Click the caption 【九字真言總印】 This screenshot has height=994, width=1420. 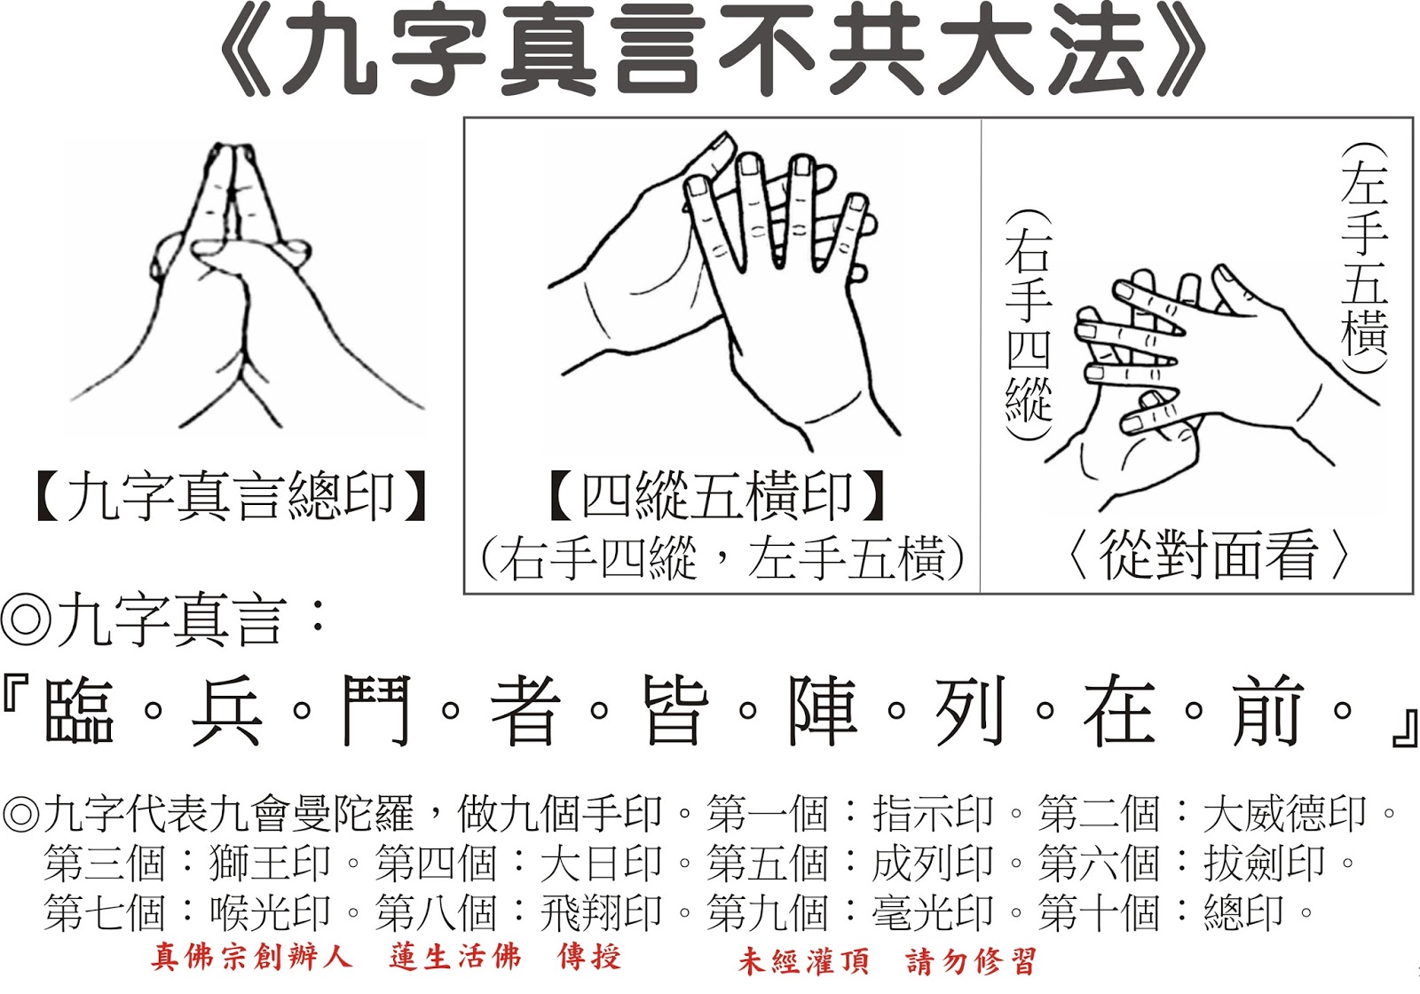232,496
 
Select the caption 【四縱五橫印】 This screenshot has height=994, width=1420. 718,495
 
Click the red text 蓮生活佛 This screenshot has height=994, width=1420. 455,957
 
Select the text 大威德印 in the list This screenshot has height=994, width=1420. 1284,813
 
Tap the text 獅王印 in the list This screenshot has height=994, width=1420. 270,863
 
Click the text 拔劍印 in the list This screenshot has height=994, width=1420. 1264,863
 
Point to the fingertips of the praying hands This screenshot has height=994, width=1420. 232,150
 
